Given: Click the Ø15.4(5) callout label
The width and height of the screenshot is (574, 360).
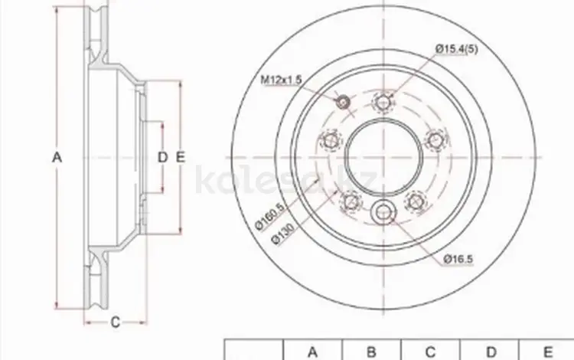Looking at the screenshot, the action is pos(456,49).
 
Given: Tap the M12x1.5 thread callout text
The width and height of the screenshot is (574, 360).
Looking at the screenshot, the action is pos(281,80).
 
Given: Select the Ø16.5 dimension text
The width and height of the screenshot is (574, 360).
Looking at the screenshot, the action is pos(458,260).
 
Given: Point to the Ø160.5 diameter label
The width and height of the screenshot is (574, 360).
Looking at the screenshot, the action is pos(270,217).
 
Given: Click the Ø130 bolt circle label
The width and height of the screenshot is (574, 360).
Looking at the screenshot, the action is pos(283,234).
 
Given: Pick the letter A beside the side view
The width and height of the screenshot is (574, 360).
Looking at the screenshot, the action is pos(57,158).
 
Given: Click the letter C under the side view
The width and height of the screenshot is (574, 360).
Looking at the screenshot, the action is pos(116,322).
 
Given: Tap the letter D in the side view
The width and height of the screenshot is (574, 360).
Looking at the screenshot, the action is pos(162,158).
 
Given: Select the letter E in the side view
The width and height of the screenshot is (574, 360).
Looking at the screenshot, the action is pos(181,158).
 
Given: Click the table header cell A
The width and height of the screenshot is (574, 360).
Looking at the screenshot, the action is pos(312,352).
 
